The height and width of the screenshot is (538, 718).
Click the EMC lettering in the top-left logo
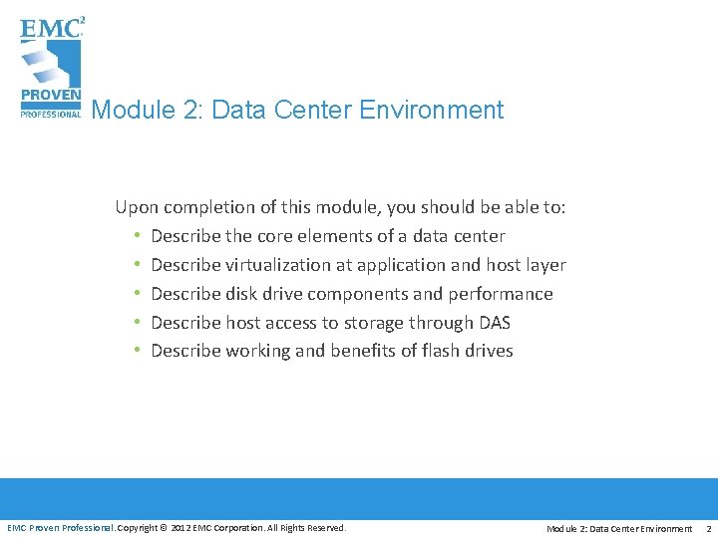pos(48,28)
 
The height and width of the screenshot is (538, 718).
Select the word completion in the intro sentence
pos(209,207)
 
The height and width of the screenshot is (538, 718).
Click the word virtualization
pos(275,265)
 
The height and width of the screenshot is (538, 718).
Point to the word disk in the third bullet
pos(243,294)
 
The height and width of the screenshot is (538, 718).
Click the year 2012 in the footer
pos(182,528)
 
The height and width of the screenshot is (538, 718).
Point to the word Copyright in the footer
pos(142,528)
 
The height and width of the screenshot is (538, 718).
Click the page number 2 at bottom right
pos(708,528)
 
